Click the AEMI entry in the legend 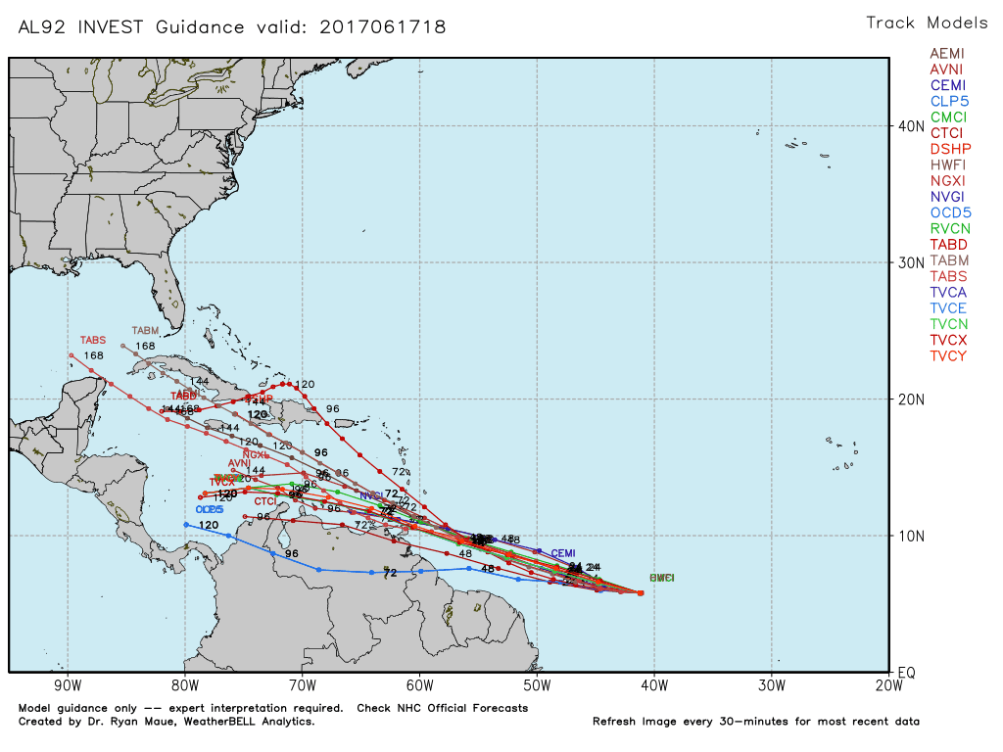pos(947,53)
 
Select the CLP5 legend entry pos(947,101)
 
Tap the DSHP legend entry pos(947,149)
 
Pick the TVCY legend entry pos(947,355)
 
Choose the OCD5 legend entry pos(947,212)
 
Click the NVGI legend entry pos(947,197)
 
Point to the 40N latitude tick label pos(912,126)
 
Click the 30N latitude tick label pos(912,262)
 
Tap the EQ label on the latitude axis pos(907,673)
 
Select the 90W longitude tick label pos(68,685)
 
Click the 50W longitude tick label pos(537,685)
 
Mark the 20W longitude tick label pos(888,685)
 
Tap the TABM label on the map pos(145,331)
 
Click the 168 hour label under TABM pos(145,346)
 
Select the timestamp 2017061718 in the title pos(383,27)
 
